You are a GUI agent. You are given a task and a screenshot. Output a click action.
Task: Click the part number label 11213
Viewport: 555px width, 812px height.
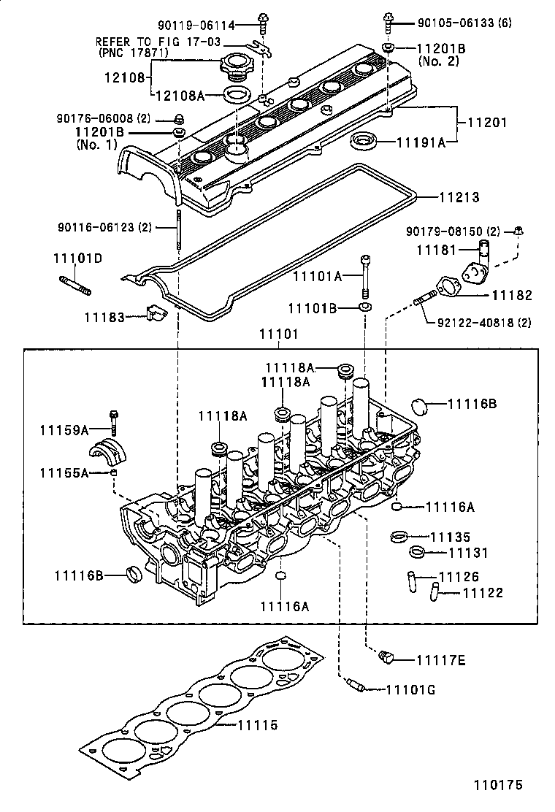[459, 197]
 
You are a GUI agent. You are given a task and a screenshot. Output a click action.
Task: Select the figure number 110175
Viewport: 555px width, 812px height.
[499, 786]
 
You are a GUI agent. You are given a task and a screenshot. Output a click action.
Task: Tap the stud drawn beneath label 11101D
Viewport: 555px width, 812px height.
[74, 284]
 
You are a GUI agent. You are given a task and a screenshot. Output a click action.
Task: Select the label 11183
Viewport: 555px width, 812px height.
[104, 316]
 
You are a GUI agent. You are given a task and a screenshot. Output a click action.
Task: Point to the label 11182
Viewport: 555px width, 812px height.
[512, 295]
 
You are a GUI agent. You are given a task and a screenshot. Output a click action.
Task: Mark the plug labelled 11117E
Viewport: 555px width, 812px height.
[386, 659]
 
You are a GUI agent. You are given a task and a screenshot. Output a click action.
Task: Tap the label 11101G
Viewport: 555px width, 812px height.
[410, 689]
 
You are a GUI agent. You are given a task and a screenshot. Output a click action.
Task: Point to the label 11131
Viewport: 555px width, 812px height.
[467, 553]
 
